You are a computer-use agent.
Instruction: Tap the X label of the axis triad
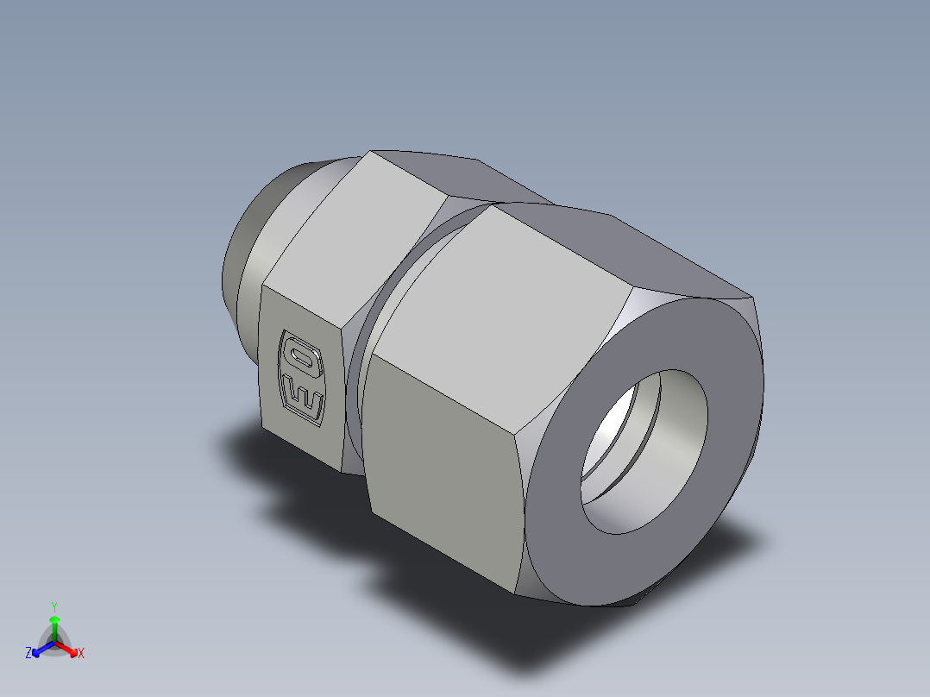tap(81, 654)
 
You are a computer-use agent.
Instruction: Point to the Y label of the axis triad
tap(53, 606)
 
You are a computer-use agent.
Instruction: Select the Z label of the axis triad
tap(28, 654)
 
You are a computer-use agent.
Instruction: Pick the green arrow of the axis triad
tap(53, 626)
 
